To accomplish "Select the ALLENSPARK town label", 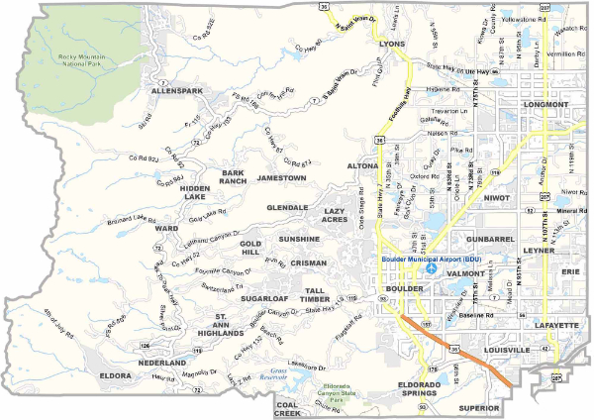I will [x=176, y=90].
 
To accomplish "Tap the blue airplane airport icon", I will [x=429, y=268].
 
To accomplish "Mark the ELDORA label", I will [x=116, y=375].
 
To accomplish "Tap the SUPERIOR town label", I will [x=481, y=407].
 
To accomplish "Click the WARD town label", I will [x=166, y=229].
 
